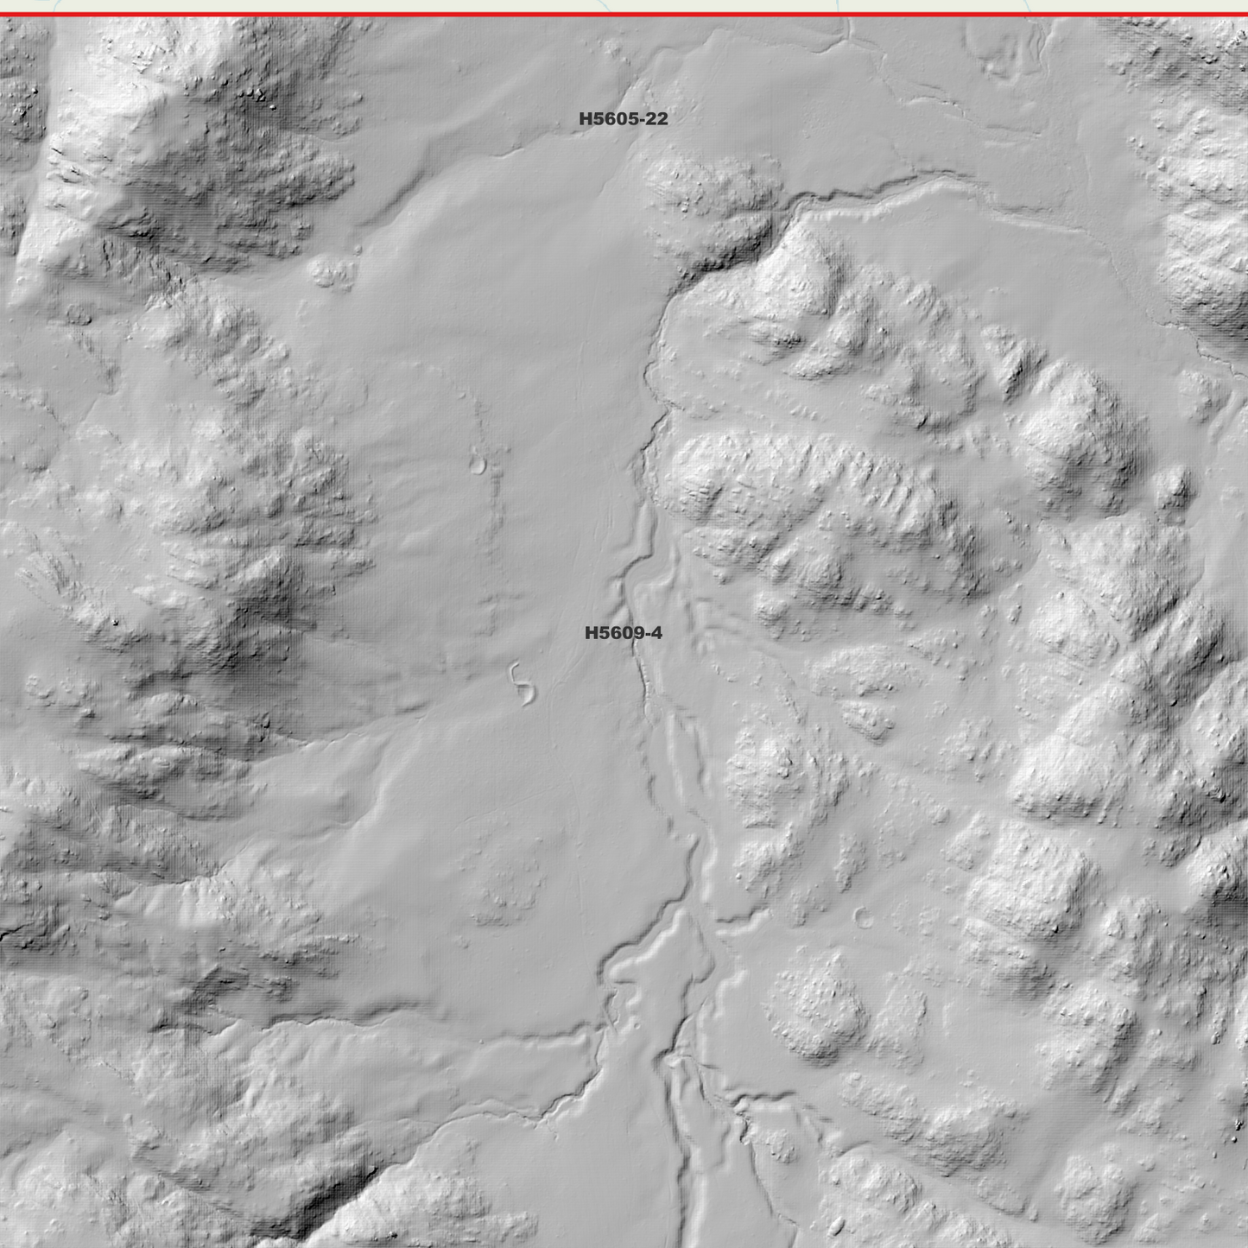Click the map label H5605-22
click(x=623, y=119)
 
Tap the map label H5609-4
click(x=623, y=633)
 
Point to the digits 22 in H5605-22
click(x=656, y=119)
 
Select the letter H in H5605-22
click(x=586, y=119)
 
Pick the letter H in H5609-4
click(x=592, y=633)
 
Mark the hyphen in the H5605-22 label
click(x=641, y=120)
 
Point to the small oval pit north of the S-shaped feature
click(x=478, y=466)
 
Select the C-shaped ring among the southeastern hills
click(x=862, y=917)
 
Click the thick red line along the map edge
click(x=624, y=14)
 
